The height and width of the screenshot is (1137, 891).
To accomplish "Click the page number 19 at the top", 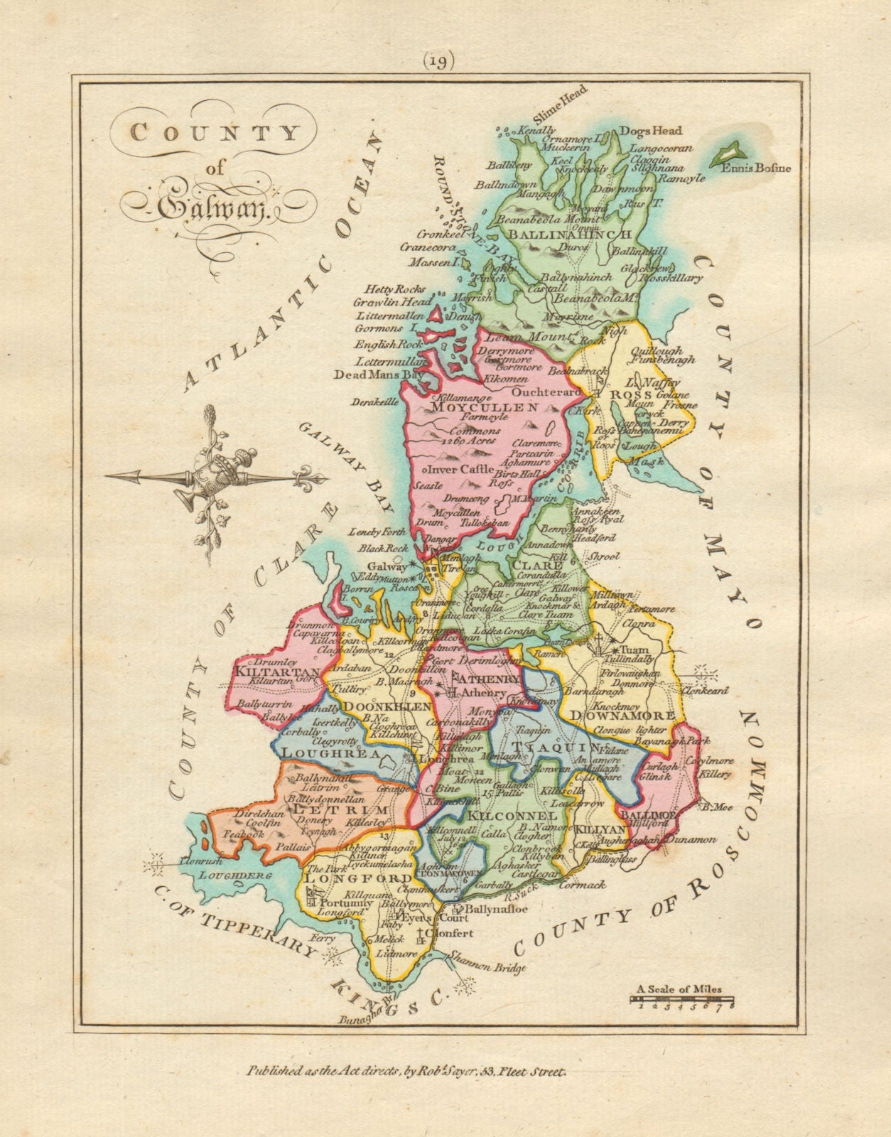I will tap(441, 62).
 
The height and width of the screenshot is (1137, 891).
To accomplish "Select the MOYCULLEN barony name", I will tap(485, 408).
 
